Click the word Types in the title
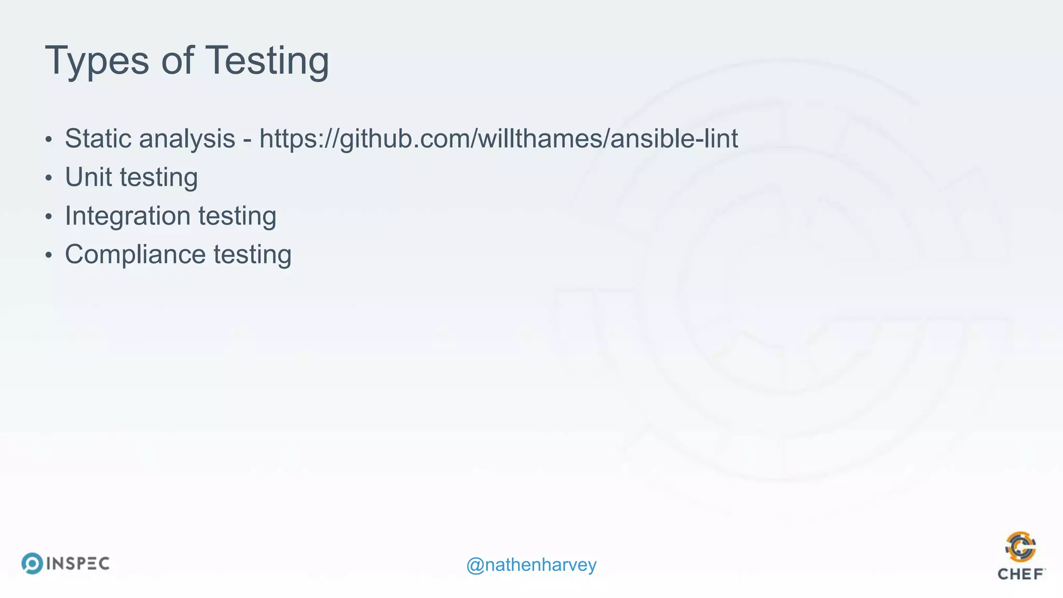tap(97, 61)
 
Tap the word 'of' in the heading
tap(178, 60)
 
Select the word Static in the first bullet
tap(98, 139)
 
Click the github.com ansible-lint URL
tap(498, 139)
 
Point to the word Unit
tap(88, 177)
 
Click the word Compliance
tap(135, 255)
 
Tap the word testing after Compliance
tap(252, 255)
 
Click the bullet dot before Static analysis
tap(48, 140)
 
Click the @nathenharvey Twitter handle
tap(531, 565)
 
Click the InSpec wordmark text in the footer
tap(78, 564)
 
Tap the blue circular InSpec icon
tap(32, 563)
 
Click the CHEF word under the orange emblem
tap(1020, 574)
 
